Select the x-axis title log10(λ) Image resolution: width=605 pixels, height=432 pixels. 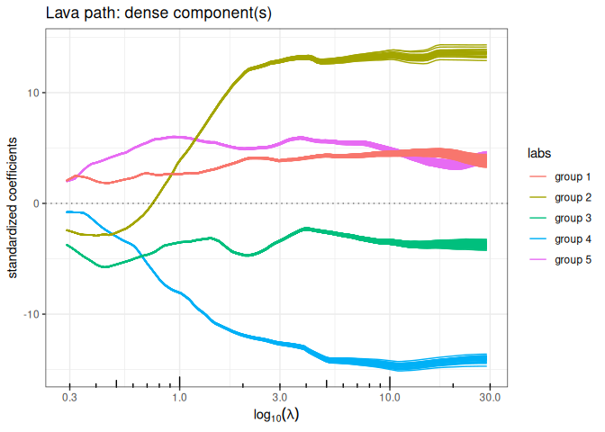pos(279,416)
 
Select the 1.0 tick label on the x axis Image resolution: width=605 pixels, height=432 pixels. pos(179,396)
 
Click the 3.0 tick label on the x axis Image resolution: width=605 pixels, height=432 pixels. pos(279,396)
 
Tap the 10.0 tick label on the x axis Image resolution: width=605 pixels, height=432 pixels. pos(389,396)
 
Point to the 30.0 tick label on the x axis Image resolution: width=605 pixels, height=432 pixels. pos(489,396)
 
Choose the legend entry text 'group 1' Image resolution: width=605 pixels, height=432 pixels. pos(573,176)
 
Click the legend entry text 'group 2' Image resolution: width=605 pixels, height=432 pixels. pos(573,197)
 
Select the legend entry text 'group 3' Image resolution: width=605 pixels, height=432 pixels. pos(573,218)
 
